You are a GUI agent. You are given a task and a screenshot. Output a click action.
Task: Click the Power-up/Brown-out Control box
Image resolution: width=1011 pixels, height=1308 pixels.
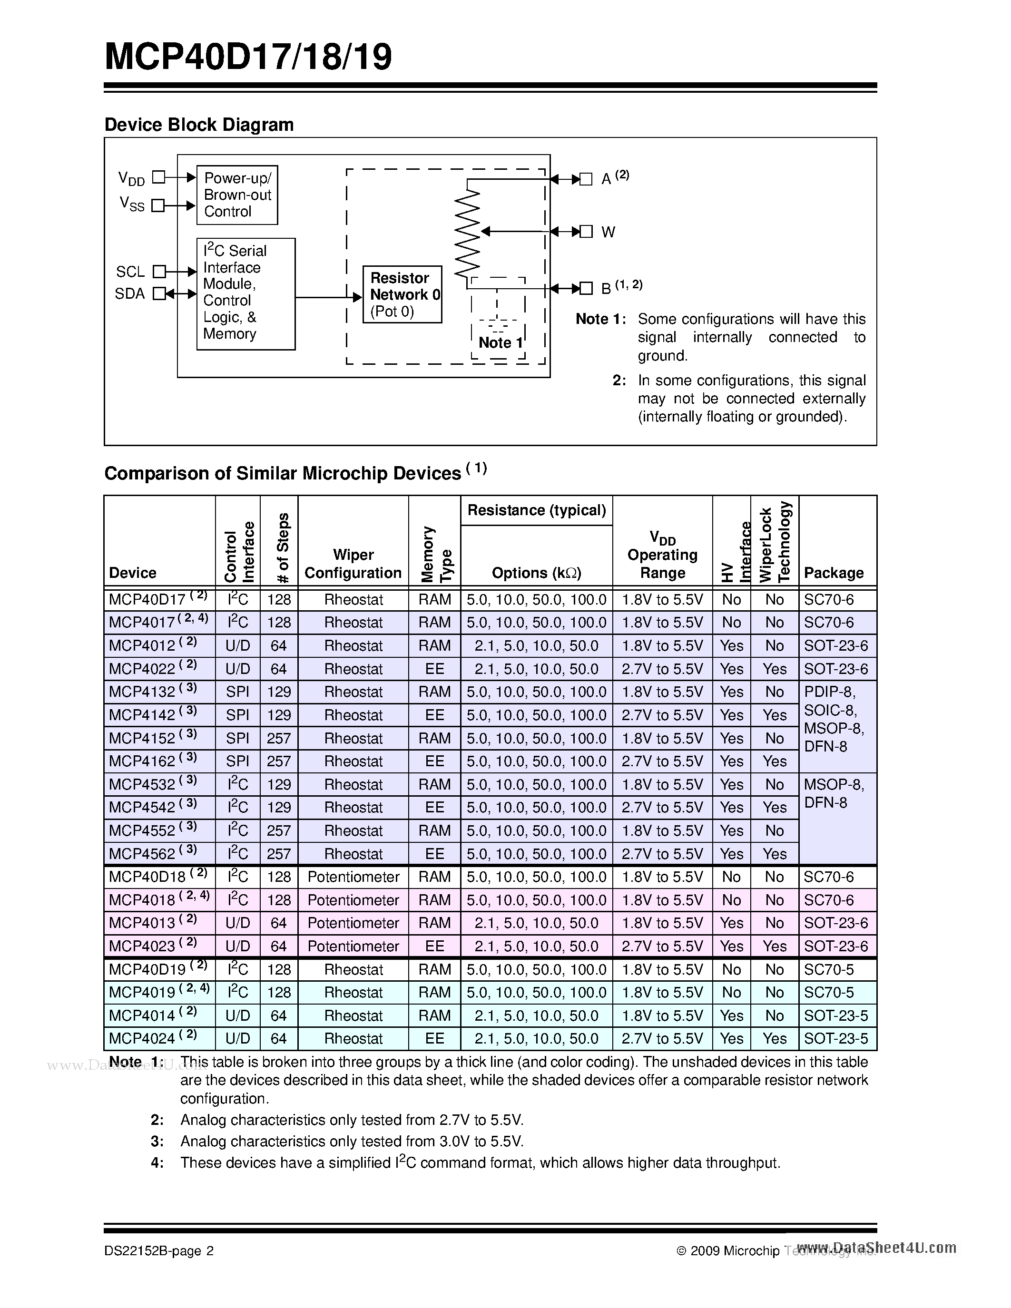[x=237, y=195]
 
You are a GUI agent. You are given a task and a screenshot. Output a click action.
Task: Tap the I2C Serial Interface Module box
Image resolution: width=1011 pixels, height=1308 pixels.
[x=245, y=293]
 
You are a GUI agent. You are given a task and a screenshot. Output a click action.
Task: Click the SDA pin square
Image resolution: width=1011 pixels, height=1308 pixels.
[x=159, y=293]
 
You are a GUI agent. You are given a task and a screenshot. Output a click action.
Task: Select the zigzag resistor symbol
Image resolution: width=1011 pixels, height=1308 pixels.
[x=468, y=234]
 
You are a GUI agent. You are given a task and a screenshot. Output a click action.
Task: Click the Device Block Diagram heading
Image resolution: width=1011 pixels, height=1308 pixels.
[x=199, y=125]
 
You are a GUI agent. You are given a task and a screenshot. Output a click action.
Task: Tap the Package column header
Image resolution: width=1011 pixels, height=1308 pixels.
[x=833, y=573]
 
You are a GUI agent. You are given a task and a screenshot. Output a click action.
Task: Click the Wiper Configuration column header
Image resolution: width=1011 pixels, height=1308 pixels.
[x=353, y=564]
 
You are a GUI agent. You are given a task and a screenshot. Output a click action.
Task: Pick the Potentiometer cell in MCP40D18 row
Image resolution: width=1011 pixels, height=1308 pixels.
[x=353, y=877]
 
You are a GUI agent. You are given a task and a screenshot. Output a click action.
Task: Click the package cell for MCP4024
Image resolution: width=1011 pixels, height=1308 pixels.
[x=835, y=1038]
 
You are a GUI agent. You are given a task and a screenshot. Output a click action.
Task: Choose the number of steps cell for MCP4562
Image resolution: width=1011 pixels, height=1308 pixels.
[x=278, y=854]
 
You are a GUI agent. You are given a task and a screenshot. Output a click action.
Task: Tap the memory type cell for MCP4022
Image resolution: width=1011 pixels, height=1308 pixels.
[x=434, y=669]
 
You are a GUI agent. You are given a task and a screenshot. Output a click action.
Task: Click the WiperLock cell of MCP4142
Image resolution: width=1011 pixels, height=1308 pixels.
[x=775, y=715]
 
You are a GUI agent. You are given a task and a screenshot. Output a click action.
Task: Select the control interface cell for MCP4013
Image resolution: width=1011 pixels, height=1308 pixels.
[x=237, y=923]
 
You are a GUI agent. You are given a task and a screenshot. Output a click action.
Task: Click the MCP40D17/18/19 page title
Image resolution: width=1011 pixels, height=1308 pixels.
[x=248, y=58]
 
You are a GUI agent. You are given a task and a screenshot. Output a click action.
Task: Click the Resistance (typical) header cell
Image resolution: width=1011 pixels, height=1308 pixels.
[x=536, y=510]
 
